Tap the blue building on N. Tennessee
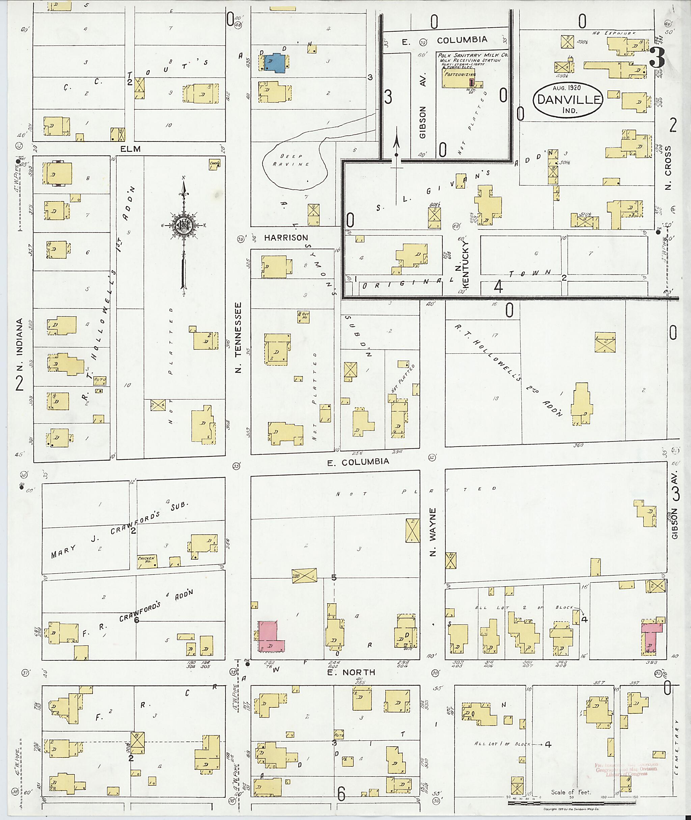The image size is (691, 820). (276, 63)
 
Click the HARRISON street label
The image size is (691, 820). (286, 238)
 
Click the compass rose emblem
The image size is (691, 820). (183, 226)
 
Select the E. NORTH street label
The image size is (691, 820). (353, 672)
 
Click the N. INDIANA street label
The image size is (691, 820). (20, 345)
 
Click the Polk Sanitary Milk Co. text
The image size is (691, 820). (473, 55)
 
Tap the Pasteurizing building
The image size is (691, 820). (458, 78)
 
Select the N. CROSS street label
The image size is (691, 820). (668, 166)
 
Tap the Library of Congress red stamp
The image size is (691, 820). (626, 769)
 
